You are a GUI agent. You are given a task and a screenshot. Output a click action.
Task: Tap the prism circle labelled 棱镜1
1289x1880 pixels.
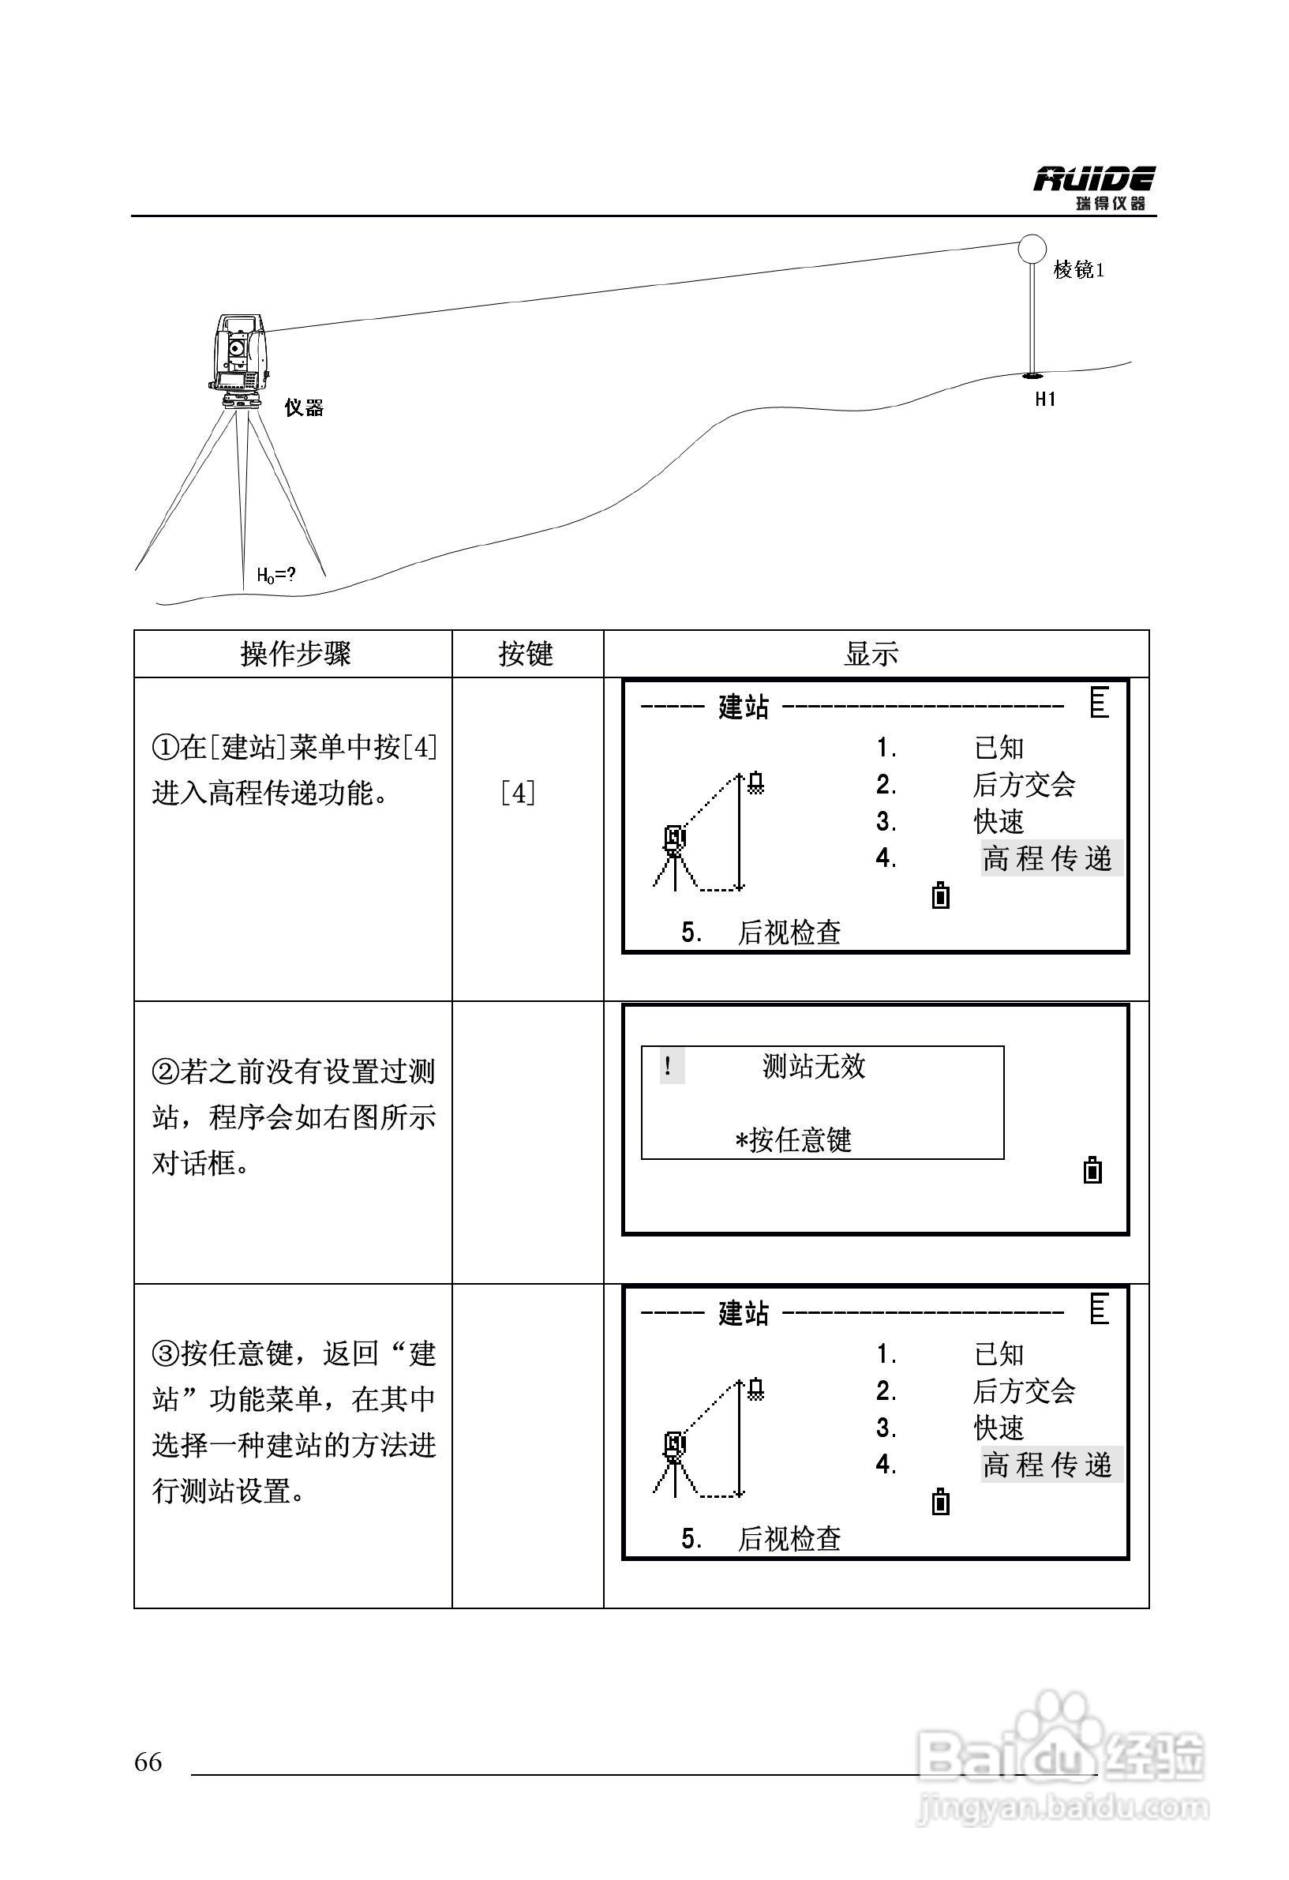[1032, 248]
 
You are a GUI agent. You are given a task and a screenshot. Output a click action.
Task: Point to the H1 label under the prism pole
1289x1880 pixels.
[1045, 399]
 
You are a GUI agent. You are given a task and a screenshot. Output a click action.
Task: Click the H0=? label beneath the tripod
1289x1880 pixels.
[275, 575]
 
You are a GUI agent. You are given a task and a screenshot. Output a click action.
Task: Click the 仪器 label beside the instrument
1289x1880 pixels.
[304, 407]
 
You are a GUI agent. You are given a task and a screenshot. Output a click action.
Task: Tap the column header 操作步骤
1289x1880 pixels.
[295, 654]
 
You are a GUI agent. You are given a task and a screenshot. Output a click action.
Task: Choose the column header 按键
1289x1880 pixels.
[526, 654]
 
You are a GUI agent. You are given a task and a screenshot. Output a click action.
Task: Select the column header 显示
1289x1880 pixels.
[871, 654]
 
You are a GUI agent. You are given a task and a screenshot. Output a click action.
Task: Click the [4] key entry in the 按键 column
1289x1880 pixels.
[518, 794]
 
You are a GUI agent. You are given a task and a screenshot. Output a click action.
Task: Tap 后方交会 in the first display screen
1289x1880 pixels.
[1024, 785]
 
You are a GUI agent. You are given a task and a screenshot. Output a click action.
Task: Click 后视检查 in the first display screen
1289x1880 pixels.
[789, 932]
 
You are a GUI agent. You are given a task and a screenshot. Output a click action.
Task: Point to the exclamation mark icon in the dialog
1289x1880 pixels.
[669, 1066]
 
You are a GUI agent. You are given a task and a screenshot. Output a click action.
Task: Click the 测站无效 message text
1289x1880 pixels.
[814, 1066]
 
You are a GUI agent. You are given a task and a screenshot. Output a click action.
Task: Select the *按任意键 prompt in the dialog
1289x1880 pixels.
[793, 1141]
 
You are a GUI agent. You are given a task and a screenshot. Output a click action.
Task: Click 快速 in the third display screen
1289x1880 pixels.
[999, 1428]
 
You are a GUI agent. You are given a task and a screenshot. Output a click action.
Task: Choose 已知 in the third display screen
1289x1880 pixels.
[999, 1354]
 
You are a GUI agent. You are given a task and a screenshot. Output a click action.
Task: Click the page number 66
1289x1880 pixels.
[148, 1762]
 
